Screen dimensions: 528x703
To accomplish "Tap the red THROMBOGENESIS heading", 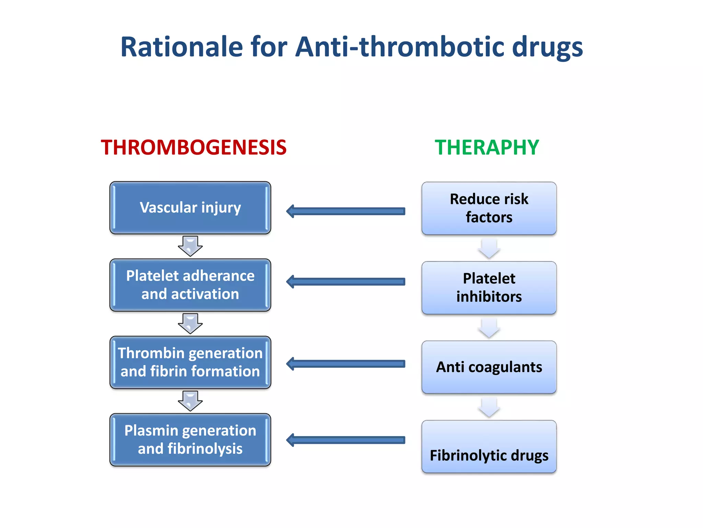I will (x=194, y=147).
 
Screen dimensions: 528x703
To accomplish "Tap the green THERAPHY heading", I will (x=487, y=147).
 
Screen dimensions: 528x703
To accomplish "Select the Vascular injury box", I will (x=190, y=208).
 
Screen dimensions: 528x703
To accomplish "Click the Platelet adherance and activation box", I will (x=190, y=285).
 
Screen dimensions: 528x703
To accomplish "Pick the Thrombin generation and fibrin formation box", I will (x=190, y=362).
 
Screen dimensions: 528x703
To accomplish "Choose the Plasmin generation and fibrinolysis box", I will (x=190, y=440).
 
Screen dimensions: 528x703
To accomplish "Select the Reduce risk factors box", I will (x=489, y=208).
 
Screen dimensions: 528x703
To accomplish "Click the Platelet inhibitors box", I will (x=489, y=288).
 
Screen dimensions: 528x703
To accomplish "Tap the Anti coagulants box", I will (x=489, y=367).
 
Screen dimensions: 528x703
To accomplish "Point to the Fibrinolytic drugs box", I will (x=489, y=447).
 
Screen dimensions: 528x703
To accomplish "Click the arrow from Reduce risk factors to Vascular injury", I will (x=346, y=211).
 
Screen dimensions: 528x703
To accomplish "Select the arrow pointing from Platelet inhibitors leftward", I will (x=346, y=282).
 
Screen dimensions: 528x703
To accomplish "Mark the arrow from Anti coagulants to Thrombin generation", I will (x=346, y=364).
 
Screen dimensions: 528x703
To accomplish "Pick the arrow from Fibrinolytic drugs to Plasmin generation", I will (x=346, y=440).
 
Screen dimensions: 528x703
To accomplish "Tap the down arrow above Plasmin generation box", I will (x=190, y=401).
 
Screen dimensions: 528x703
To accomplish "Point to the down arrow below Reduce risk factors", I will (x=489, y=249).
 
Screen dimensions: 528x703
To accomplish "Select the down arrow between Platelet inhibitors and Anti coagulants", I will (x=489, y=328).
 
